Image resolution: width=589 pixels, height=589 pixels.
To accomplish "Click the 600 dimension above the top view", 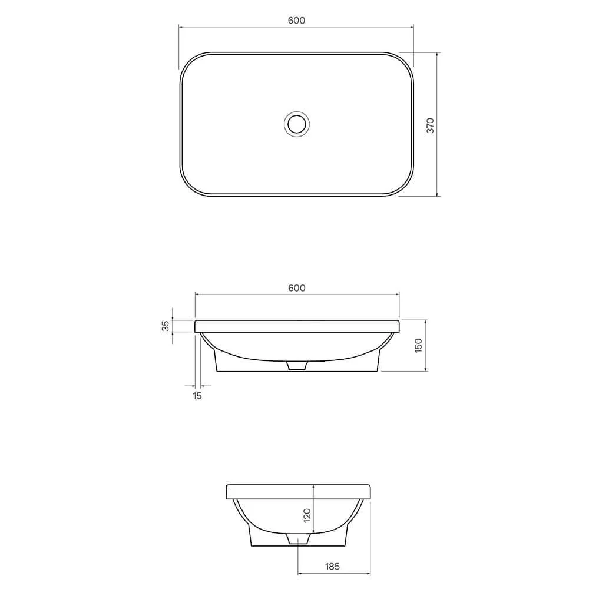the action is pyautogui.click(x=296, y=20).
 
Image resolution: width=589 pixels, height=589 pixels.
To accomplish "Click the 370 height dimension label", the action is pyautogui.click(x=431, y=125).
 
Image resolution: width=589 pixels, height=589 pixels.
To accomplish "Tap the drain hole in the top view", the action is pyautogui.click(x=297, y=124).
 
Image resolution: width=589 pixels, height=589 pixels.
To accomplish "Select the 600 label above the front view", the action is pyautogui.click(x=297, y=288).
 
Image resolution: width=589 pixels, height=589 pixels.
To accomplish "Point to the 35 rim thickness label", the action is pyautogui.click(x=166, y=326).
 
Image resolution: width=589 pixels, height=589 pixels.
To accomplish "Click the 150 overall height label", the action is pyautogui.click(x=418, y=346).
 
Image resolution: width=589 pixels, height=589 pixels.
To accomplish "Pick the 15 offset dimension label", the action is pyautogui.click(x=197, y=396).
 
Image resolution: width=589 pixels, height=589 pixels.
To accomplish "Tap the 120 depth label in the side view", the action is pyautogui.click(x=307, y=515).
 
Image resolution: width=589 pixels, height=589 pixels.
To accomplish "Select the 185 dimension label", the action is pyautogui.click(x=332, y=566).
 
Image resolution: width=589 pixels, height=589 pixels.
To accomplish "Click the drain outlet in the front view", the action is pyautogui.click(x=297, y=366).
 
